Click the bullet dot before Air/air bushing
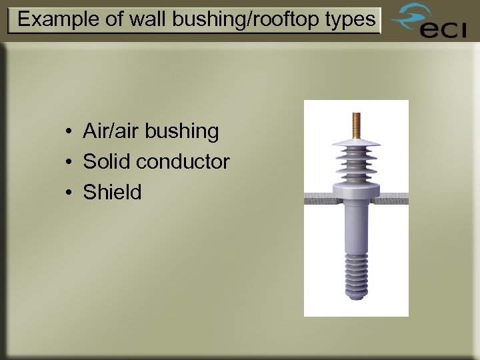tap(69, 131)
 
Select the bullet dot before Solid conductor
tap(69, 162)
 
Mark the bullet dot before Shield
tap(69, 193)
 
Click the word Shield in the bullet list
tap(113, 193)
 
